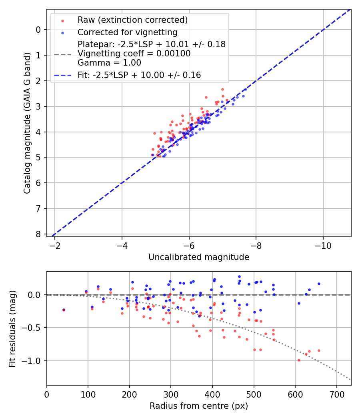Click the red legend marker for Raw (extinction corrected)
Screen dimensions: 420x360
click(x=62, y=20)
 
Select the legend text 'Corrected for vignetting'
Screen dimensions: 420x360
click(x=127, y=32)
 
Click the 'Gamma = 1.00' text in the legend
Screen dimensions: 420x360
click(x=109, y=63)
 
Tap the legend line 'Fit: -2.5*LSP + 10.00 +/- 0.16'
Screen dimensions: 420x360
click(x=139, y=75)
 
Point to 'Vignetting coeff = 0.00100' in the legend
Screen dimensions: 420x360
click(x=134, y=54)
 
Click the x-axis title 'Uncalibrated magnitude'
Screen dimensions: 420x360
click(x=199, y=257)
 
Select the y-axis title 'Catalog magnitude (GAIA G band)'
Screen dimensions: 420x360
click(x=27, y=136)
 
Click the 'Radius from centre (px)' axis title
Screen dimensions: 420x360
click(x=199, y=406)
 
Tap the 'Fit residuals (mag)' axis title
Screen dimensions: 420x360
click(x=12, y=329)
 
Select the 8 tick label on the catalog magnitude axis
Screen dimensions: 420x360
click(x=38, y=234)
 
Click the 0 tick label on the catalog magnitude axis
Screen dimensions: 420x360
click(x=38, y=30)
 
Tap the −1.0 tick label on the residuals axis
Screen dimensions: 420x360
click(x=34, y=361)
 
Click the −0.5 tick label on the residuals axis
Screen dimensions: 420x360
click(x=34, y=328)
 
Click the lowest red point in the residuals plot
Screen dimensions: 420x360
click(x=299, y=360)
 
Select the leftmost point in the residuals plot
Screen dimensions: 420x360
click(x=64, y=310)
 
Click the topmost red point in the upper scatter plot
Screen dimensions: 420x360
click(x=222, y=89)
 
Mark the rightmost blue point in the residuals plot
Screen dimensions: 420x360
click(x=319, y=284)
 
